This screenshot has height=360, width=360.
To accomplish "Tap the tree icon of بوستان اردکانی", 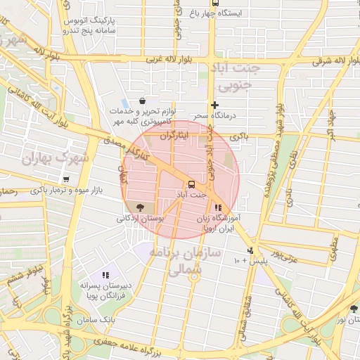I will [139, 207].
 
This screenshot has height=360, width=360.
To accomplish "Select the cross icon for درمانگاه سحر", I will [214, 105].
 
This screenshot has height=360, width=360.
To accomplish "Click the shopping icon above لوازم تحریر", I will [143, 101].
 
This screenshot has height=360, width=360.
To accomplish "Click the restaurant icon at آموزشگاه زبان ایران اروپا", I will [219, 208].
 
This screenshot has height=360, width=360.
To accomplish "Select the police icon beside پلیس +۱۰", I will [250, 250].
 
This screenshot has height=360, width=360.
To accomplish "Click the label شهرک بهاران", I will [56, 158].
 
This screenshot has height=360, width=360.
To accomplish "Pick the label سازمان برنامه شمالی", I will [188, 260].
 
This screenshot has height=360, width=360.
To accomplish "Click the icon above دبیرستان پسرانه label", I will [105, 275].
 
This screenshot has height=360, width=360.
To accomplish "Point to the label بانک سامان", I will [99, 321].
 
